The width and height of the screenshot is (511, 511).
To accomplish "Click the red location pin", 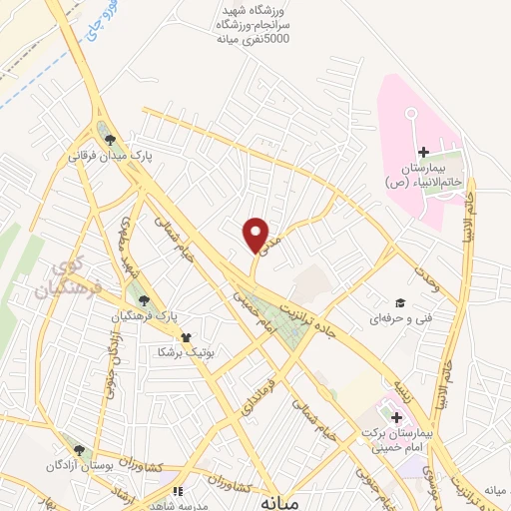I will tap(256, 235).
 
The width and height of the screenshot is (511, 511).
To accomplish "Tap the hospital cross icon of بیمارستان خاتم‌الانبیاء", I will tap(423, 152).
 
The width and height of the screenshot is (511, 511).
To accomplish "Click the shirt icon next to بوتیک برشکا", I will tap(185, 336).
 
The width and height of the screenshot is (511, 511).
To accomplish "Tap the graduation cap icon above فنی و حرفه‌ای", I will tap(399, 302).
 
